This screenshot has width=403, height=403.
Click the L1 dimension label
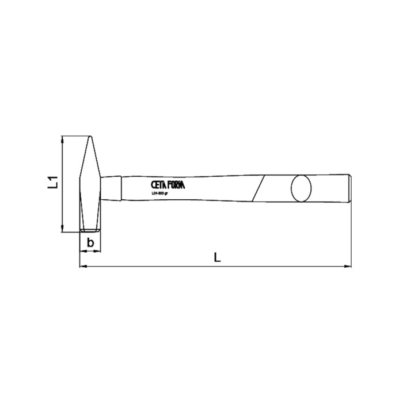52,184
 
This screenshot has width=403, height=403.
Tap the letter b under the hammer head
90,243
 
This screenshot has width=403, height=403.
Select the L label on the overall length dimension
217,257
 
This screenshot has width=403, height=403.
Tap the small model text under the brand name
159,193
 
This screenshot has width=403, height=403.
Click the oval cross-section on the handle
301,187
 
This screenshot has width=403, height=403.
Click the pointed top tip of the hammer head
90,137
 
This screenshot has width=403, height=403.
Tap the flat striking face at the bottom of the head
90,231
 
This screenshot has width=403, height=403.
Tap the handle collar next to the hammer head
112,186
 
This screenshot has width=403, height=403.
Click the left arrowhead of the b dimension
82,252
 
